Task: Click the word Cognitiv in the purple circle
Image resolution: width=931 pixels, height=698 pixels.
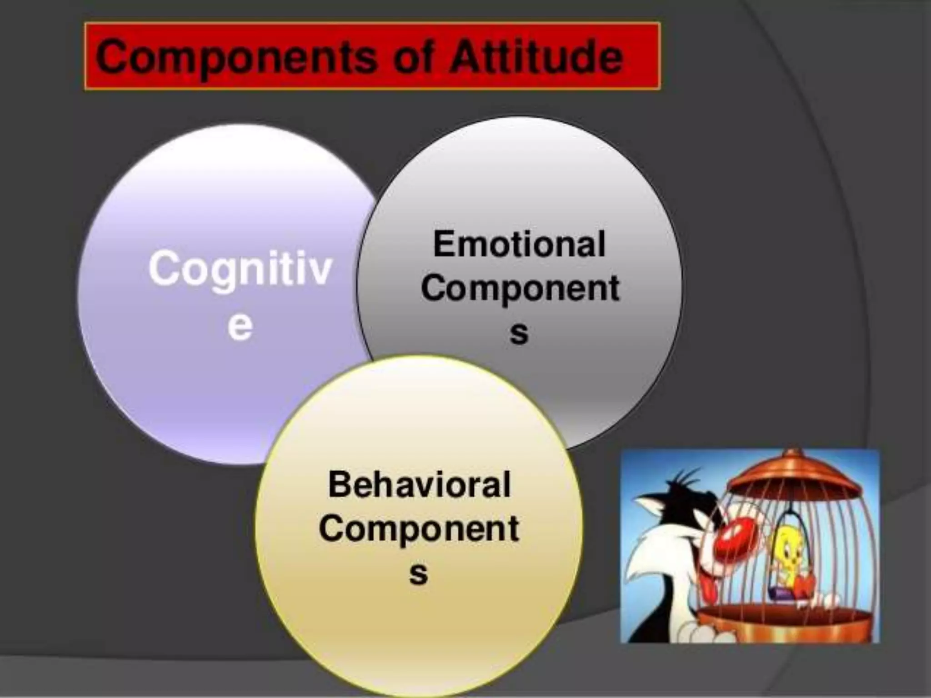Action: (x=240, y=269)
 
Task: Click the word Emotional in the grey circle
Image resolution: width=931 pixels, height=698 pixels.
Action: (x=520, y=244)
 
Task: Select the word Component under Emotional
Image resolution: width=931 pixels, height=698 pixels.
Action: (x=520, y=288)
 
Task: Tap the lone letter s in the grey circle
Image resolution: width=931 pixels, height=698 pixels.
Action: (x=519, y=333)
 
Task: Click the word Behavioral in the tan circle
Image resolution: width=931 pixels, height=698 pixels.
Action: (x=419, y=484)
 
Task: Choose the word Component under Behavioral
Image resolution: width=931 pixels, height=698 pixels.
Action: (x=419, y=528)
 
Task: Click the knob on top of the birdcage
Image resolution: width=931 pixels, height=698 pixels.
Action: (x=792, y=454)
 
